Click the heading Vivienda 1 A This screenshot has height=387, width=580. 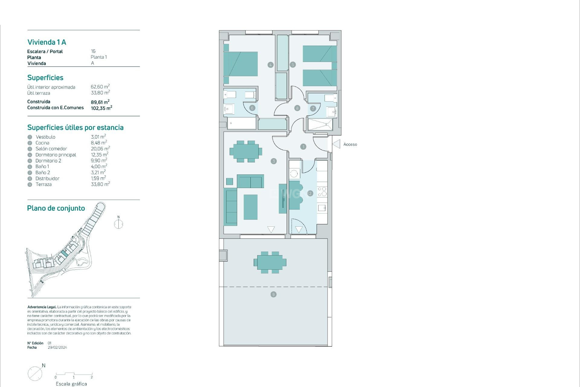point(47,42)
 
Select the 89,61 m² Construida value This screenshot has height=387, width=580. point(100,102)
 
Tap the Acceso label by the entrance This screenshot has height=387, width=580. point(350,145)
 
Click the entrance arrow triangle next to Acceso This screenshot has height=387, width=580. point(337,144)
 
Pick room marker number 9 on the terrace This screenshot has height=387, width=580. point(273,294)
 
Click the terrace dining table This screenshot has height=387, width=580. point(270,262)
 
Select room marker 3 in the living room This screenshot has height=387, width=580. point(274,161)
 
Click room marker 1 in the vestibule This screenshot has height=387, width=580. point(303,147)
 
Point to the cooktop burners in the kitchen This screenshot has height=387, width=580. point(322,192)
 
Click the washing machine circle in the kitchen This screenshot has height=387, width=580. point(294,174)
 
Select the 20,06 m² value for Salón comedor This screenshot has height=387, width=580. point(100,149)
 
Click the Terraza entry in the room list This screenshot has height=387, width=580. point(43,184)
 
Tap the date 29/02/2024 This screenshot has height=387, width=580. point(57,348)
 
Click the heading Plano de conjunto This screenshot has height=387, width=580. point(56,208)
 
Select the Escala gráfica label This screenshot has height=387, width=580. point(71,384)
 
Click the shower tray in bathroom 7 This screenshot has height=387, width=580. point(320,124)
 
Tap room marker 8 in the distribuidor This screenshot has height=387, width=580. point(297,108)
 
